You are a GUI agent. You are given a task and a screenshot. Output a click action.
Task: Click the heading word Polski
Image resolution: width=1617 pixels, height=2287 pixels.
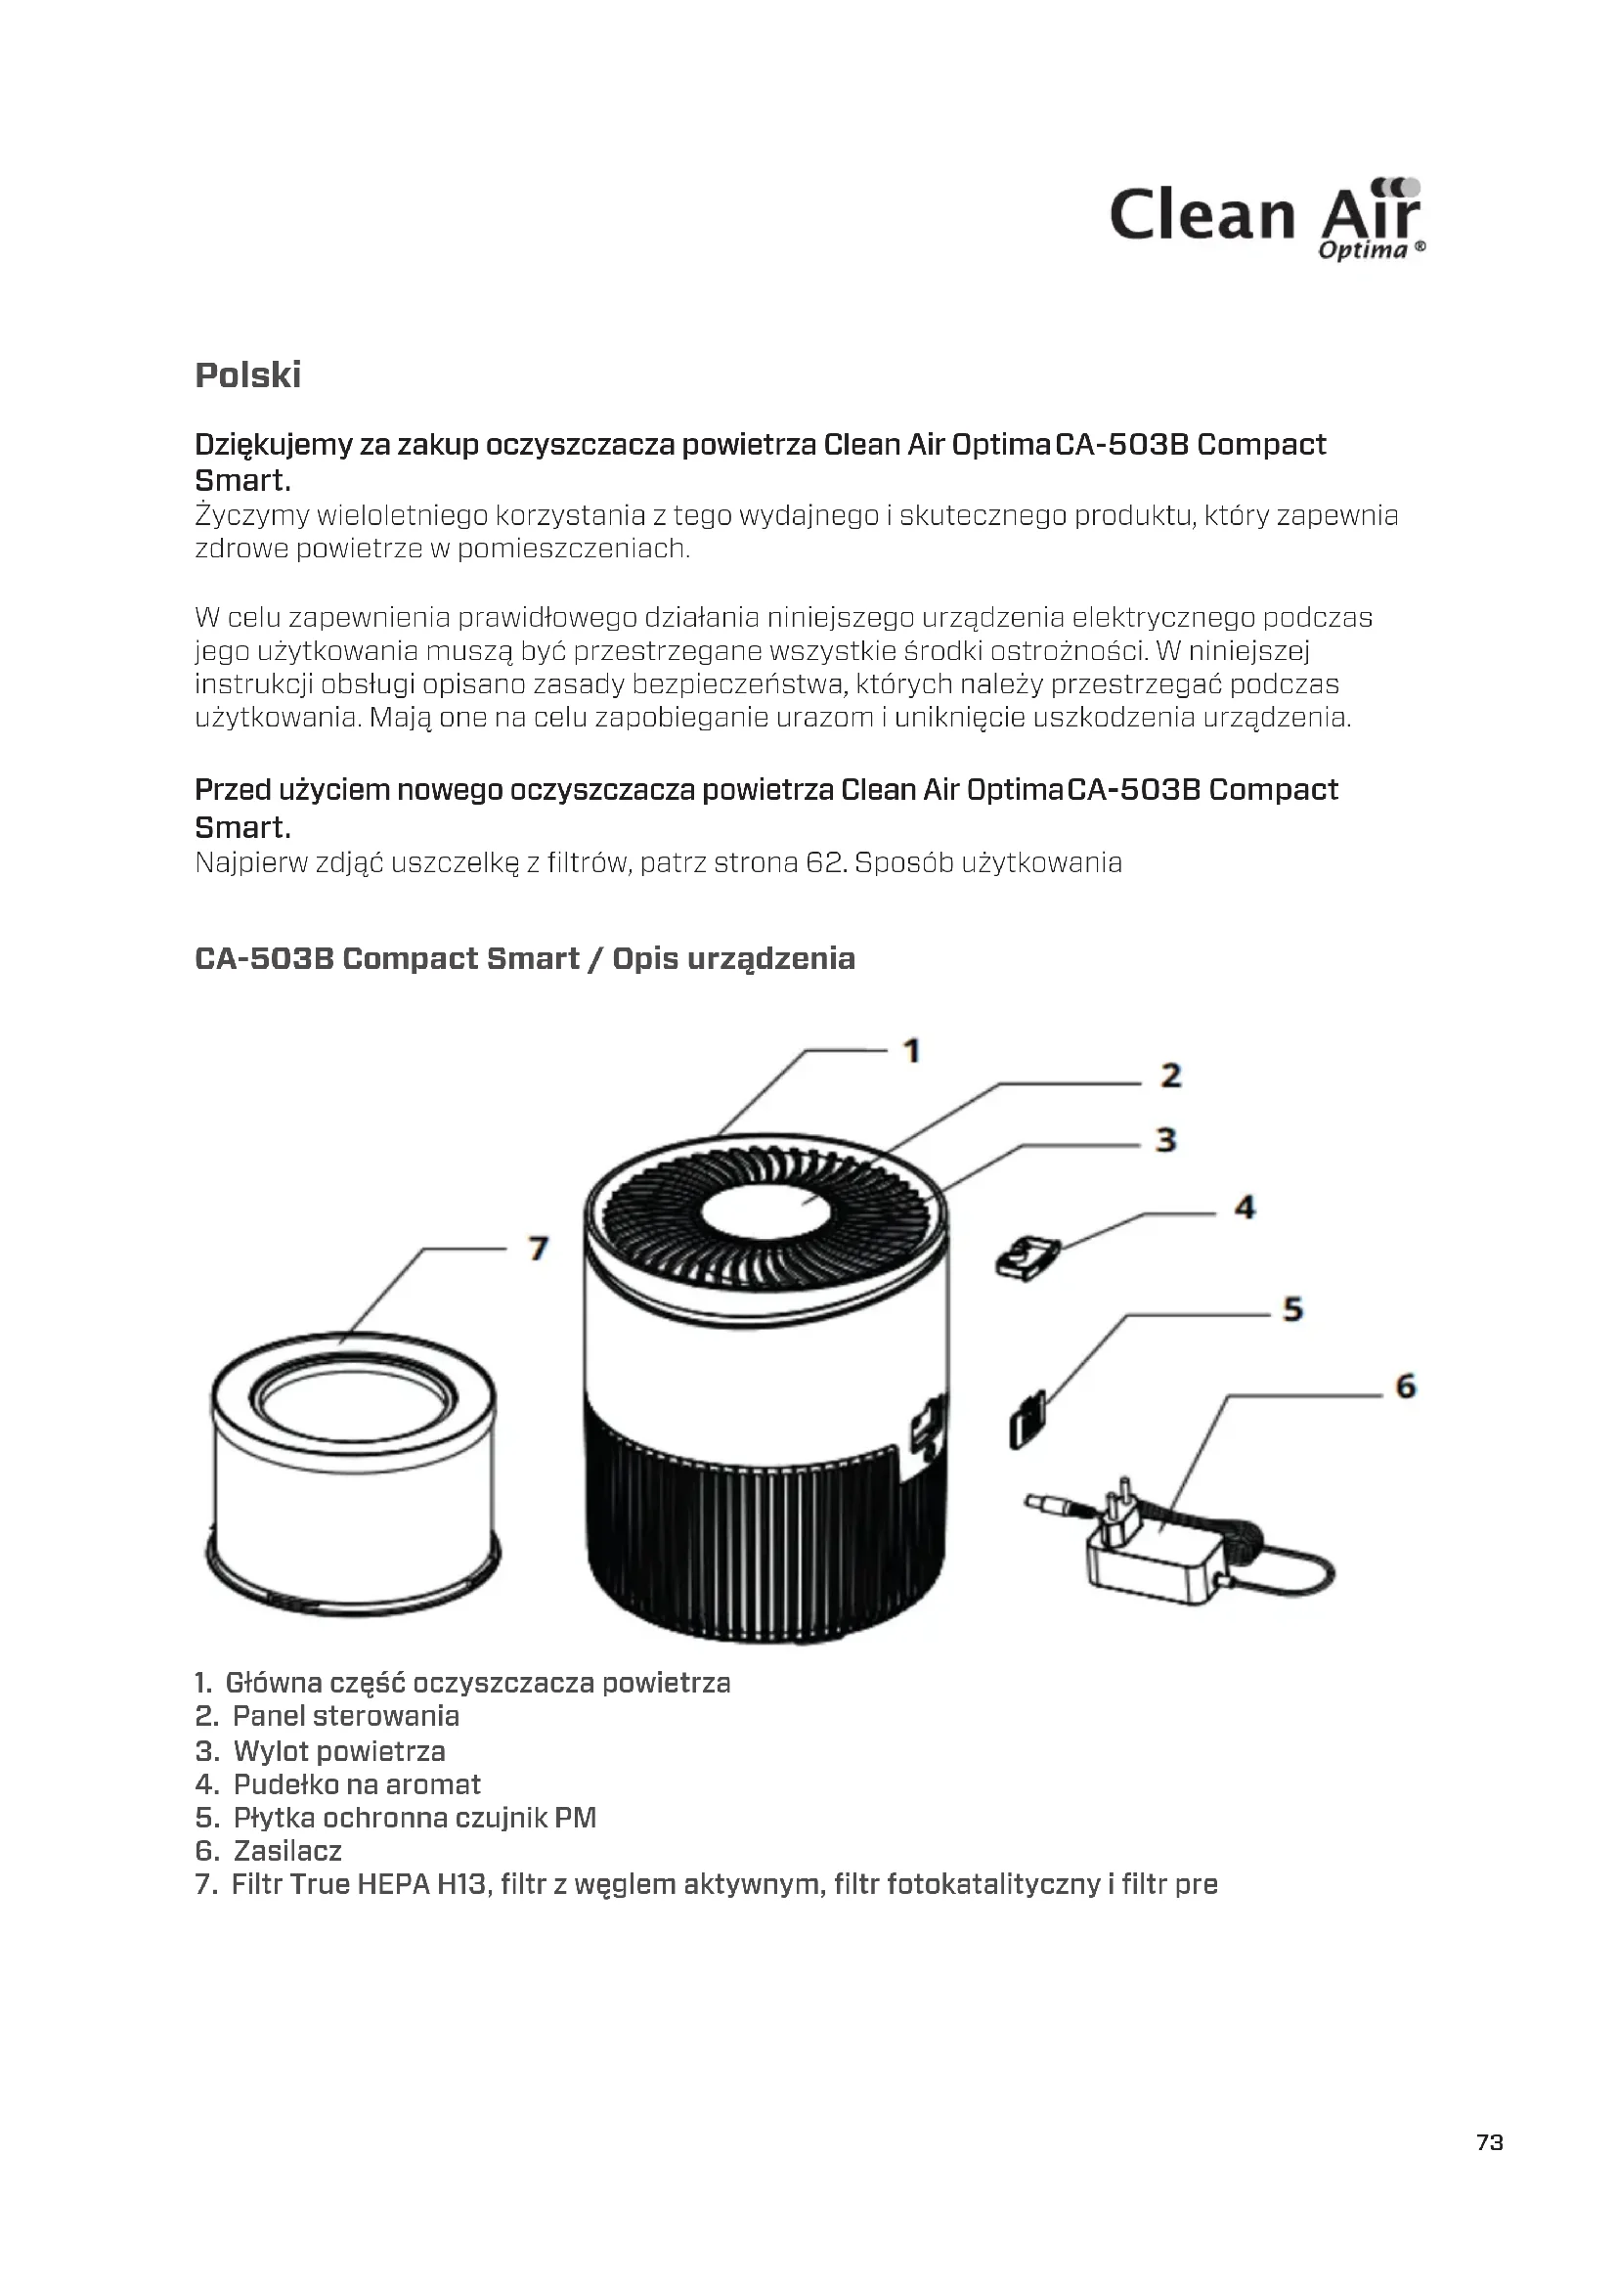pyautogui.click(x=248, y=375)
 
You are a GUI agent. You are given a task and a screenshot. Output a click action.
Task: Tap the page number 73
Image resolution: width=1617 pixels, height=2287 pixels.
pyautogui.click(x=1490, y=2141)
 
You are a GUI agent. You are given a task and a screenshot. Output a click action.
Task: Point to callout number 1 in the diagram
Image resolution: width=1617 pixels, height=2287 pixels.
pyautogui.click(x=911, y=1051)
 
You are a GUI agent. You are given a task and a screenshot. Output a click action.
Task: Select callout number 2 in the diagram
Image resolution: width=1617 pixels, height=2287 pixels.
pyautogui.click(x=1171, y=1076)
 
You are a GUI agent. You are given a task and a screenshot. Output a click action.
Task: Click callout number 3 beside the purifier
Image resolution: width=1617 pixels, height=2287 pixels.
pyautogui.click(x=1166, y=1139)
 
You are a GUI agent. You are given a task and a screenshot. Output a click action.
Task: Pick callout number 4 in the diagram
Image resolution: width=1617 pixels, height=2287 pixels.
pyautogui.click(x=1245, y=1209)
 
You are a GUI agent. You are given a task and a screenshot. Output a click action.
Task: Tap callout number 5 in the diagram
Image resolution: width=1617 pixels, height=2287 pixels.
pyautogui.click(x=1292, y=1309)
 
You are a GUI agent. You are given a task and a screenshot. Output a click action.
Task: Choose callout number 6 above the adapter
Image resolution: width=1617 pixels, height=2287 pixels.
pyautogui.click(x=1405, y=1386)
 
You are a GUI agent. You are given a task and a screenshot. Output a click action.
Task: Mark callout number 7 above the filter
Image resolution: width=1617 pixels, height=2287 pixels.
pyautogui.click(x=539, y=1248)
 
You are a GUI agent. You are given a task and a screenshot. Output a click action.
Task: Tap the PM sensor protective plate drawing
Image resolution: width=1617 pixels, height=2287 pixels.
pyautogui.click(x=1027, y=1422)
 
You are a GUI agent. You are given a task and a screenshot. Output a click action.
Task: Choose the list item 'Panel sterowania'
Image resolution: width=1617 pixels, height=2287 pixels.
pyautogui.click(x=345, y=1716)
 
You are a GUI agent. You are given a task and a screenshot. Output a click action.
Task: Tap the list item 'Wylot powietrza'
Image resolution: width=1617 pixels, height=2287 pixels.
pyautogui.click(x=338, y=1751)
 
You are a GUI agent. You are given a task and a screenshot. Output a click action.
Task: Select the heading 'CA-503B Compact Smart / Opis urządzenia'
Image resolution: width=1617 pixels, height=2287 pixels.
pyautogui.click(x=525, y=958)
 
